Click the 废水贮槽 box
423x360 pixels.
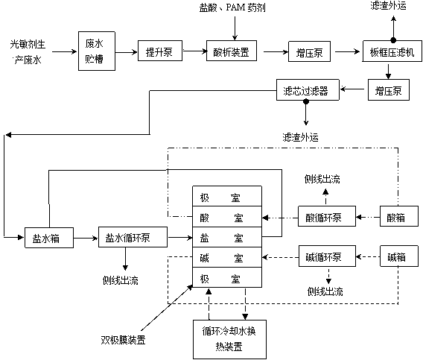pos(97,51)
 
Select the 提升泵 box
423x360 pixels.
pos(160,51)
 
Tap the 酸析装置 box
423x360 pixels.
pos(232,51)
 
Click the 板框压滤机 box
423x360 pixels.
pos(392,51)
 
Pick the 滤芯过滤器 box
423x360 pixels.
pos(308,90)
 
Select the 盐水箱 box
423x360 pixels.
pos(49,238)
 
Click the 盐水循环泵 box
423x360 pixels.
pos(133,237)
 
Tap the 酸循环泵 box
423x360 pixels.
pos(327,216)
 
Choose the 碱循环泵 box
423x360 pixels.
pos(327,256)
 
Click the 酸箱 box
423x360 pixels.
pos(399,216)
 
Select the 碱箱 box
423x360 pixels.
pos(399,256)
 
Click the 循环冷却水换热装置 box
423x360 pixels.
pos(229,339)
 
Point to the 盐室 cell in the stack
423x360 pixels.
pos(227,237)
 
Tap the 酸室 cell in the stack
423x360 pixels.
pos(227,217)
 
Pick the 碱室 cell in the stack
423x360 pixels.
pos(227,257)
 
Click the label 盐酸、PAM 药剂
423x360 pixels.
pos(232,7)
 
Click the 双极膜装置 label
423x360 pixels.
pos(124,340)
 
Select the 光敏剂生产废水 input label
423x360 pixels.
pos(28,52)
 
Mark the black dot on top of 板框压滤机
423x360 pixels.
pos(393,40)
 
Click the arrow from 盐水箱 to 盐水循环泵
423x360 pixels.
pos(86,238)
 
